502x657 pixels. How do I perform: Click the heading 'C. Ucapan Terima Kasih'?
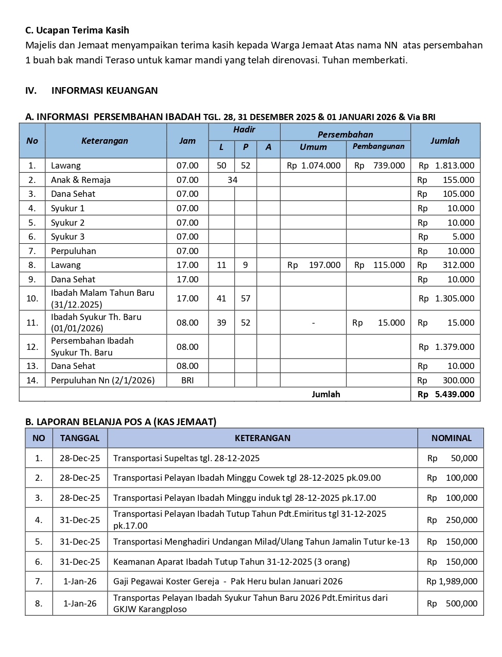77,30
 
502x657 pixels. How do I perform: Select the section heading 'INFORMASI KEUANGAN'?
105,91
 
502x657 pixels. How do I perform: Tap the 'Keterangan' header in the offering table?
105,141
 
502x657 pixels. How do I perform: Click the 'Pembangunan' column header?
378,147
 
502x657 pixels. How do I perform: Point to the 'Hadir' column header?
244,130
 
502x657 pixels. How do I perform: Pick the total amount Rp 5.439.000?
446,394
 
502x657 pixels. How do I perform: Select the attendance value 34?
233,180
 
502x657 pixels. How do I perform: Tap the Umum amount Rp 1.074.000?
314,165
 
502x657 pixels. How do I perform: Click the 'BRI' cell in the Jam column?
187,380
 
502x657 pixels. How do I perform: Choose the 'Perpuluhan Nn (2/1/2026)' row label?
102,380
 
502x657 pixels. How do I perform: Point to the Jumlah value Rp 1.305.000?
446,298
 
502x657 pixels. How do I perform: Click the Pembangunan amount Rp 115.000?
379,265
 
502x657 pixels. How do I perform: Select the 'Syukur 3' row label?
67,237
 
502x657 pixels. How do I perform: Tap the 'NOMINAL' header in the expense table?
452,438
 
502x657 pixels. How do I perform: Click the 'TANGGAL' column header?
80,438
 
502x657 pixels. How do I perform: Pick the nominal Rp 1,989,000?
452,581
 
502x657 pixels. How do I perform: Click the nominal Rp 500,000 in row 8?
452,603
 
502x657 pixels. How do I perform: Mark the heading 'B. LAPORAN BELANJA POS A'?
121,422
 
